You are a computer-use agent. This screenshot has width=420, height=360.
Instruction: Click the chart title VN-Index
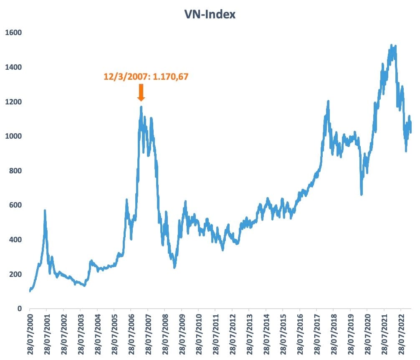tap(210, 14)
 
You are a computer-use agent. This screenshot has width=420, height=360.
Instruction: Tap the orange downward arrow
tap(141, 92)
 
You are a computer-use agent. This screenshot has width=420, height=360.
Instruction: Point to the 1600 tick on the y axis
tap(13, 33)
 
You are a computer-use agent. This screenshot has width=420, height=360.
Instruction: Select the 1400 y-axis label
tap(13, 67)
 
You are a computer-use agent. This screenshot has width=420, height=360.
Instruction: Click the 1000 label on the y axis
tap(13, 136)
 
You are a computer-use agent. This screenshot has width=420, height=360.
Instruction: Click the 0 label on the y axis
tap(18, 309)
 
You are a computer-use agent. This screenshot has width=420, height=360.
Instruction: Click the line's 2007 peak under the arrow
tap(141, 107)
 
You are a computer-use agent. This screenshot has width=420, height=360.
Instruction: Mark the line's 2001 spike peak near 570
tap(45, 211)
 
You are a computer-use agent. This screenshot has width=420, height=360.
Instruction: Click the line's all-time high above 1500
tap(391, 45)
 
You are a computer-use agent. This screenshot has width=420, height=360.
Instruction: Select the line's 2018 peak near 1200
tap(328, 101)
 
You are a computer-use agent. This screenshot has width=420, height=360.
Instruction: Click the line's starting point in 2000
tap(30, 291)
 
